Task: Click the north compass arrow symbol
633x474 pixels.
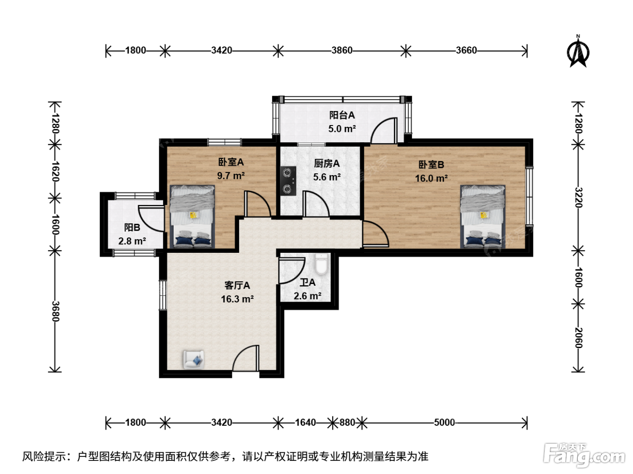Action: click(578, 52)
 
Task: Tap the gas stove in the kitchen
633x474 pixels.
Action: click(288, 181)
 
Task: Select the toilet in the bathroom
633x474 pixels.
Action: click(321, 264)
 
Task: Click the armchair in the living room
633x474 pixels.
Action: click(194, 359)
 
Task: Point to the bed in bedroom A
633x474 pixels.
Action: click(192, 216)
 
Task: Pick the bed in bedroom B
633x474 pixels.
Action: click(483, 216)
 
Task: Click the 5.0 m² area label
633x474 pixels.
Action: click(342, 129)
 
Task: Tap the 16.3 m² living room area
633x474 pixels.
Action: click(237, 299)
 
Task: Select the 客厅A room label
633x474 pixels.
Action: click(237, 285)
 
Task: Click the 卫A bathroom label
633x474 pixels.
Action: click(307, 282)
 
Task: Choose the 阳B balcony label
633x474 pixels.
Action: click(132, 228)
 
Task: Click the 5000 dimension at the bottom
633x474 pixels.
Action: click(444, 422)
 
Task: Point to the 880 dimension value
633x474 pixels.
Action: click(347, 422)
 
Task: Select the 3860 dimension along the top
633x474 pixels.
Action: click(342, 51)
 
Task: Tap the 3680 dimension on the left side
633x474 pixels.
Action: click(55, 311)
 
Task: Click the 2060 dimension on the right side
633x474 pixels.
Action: click(578, 338)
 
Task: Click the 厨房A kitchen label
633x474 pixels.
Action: click(327, 163)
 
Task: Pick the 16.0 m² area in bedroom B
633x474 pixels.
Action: click(431, 178)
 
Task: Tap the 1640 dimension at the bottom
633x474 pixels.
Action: click(306, 422)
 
